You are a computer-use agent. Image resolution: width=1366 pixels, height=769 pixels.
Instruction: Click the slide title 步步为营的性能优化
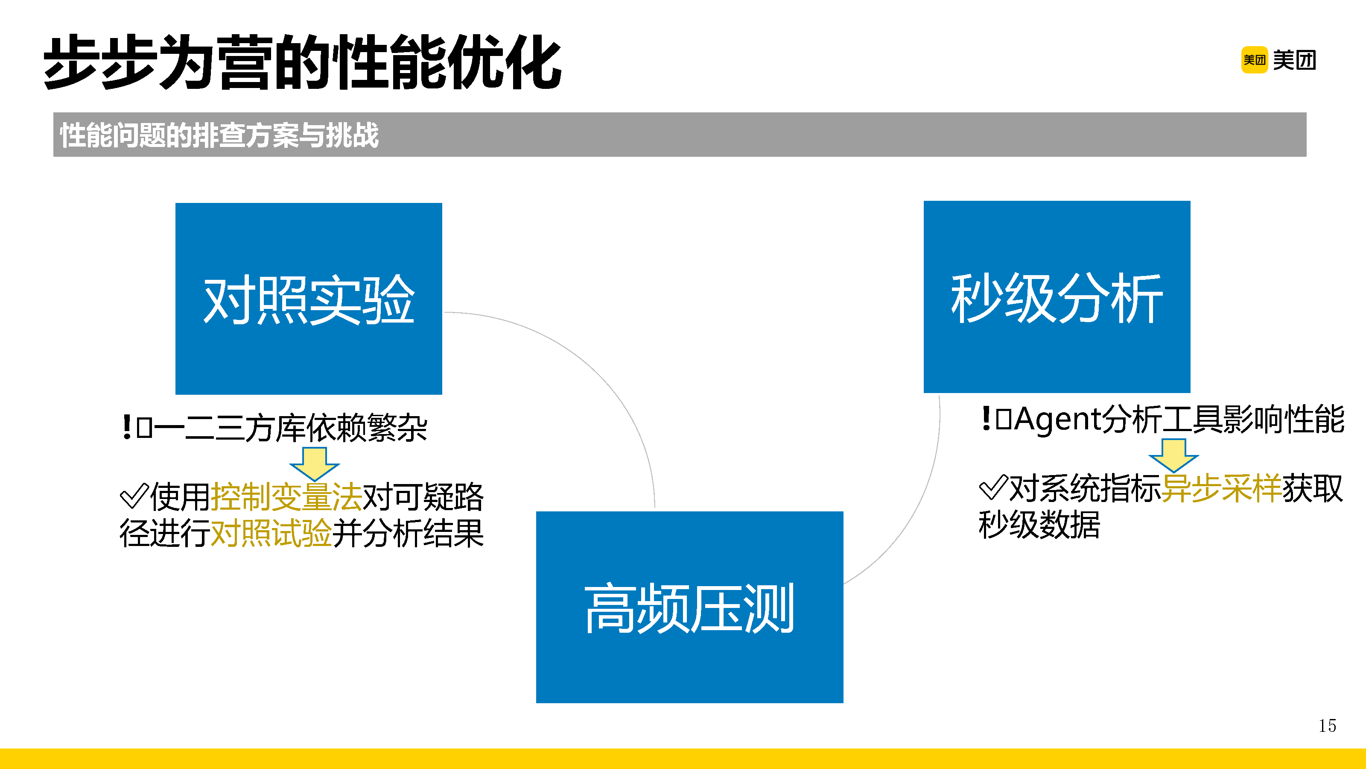[302, 63]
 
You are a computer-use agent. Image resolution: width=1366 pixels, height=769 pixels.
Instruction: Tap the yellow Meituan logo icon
[1254, 60]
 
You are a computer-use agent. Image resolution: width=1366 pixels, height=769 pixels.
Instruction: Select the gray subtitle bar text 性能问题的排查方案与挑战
[219, 135]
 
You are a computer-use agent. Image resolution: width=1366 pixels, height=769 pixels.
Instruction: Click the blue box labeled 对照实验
[309, 298]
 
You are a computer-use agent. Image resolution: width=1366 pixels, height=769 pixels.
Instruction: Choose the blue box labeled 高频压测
[689, 607]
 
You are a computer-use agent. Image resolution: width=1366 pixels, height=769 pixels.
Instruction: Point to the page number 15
[1327, 725]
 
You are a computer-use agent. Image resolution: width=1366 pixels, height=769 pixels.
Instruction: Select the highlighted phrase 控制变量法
[286, 497]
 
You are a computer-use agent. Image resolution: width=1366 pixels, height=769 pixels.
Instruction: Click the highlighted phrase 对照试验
[271, 533]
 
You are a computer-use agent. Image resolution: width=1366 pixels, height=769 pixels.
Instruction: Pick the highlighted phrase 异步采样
[1221, 488]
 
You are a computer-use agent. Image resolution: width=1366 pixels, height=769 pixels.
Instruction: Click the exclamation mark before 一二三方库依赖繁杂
[127, 427]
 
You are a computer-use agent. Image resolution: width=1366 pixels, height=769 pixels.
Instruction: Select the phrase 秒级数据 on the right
[1039, 525]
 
